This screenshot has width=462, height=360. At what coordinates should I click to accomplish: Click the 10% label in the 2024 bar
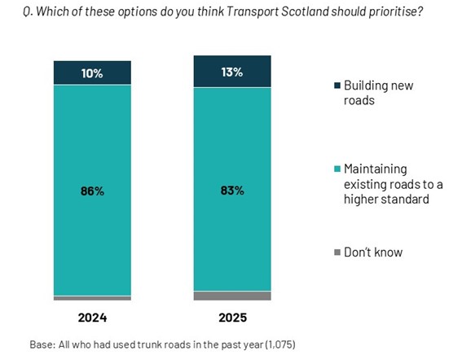click(92, 73)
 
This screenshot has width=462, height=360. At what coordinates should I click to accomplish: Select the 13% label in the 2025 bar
click(232, 72)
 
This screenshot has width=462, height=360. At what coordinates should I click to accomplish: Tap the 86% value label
click(92, 191)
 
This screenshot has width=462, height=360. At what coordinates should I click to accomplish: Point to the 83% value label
click(232, 191)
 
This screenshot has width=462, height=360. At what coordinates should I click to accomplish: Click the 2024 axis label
click(92, 317)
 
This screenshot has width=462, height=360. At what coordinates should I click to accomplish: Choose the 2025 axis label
click(232, 317)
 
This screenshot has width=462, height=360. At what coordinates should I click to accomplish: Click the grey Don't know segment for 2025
click(232, 296)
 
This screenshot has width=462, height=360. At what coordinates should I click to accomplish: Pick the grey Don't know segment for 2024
click(92, 298)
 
